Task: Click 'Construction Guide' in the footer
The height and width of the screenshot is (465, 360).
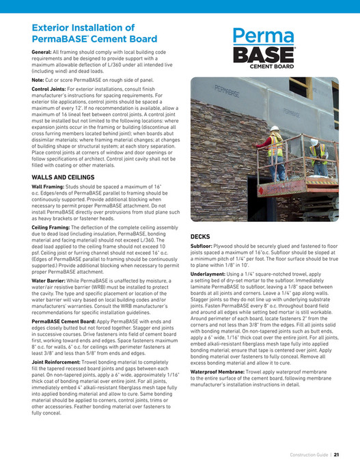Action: (x=309, y=453)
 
